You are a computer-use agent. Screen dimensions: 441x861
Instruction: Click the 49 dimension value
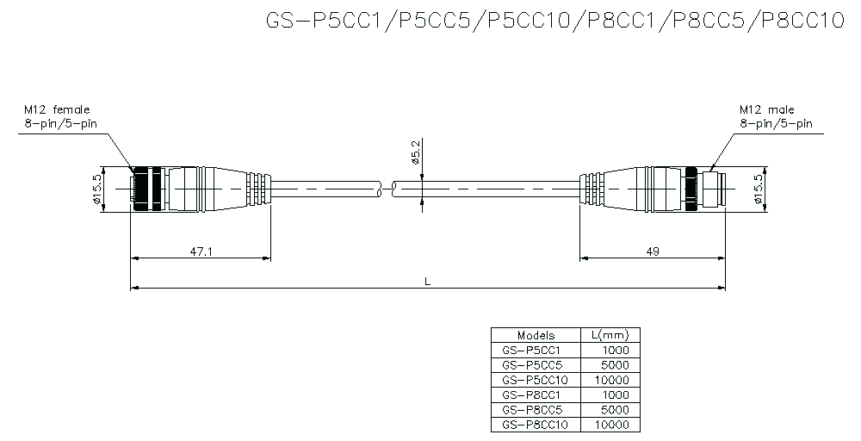pos(652,251)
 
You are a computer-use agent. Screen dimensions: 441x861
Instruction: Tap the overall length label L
pos(428,281)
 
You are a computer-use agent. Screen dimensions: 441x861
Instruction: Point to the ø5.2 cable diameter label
pos(416,152)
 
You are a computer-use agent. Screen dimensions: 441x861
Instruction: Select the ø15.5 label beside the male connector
pos(758,188)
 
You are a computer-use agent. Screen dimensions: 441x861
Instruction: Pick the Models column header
pos(536,335)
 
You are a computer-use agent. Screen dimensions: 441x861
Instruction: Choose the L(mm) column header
pos(611,335)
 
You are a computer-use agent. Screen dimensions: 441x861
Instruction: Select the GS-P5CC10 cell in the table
pos(534,380)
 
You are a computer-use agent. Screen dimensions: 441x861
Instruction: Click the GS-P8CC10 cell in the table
pos(534,424)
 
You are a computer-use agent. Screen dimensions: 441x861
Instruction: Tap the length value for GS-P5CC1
pos(615,351)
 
